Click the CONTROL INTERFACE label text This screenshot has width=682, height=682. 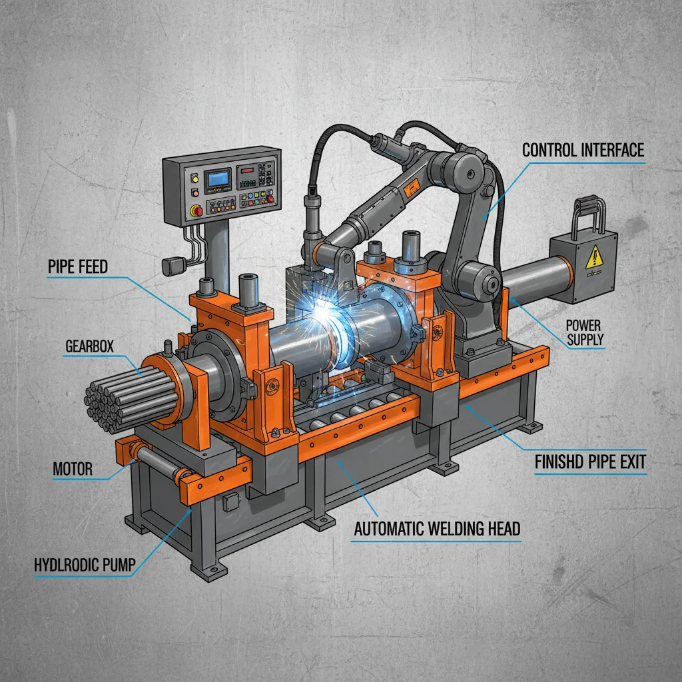[583, 150]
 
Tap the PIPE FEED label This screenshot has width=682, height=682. [78, 268]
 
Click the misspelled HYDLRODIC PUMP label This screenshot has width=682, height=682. [85, 565]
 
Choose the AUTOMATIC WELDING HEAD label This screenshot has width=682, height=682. [437, 529]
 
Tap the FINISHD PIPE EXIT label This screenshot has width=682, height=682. [590, 462]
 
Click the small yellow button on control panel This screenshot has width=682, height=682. [195, 178]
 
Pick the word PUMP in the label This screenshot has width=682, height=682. [118, 565]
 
